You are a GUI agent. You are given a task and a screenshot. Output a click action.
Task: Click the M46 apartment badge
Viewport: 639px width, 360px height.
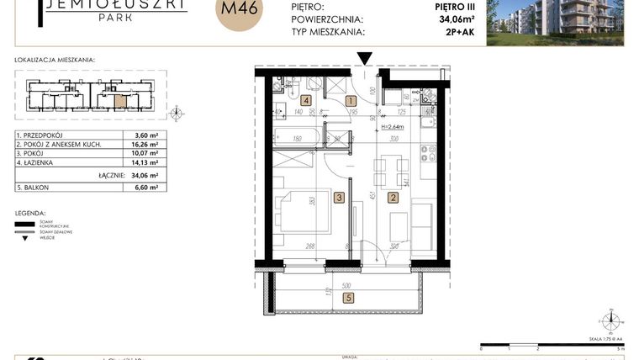click(x=239, y=14)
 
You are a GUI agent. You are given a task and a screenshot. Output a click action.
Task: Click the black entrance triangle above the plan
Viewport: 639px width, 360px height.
click(x=364, y=58)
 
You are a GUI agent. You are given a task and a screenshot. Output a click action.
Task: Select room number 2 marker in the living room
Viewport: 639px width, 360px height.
click(x=392, y=199)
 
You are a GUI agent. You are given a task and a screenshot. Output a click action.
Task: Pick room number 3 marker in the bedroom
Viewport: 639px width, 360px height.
click(x=338, y=199)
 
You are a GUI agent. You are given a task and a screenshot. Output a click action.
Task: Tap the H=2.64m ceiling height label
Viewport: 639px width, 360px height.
click(x=393, y=127)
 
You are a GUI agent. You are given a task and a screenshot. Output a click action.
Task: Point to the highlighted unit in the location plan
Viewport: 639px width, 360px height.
click(x=121, y=102)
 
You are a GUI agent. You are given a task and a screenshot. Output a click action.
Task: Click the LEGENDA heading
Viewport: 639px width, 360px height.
click(x=30, y=214)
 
